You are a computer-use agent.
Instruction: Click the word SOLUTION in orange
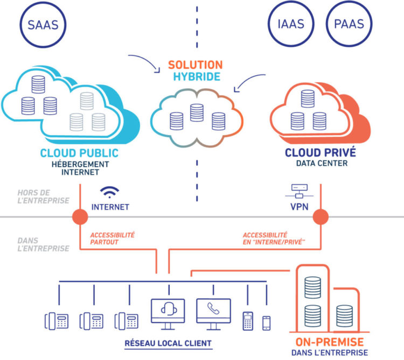(x=196, y=65)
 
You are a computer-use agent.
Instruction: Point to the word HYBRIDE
(x=197, y=77)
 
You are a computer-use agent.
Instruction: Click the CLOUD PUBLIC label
(x=79, y=153)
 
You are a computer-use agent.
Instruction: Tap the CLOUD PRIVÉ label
(x=321, y=152)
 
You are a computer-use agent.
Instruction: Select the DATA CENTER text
(x=322, y=163)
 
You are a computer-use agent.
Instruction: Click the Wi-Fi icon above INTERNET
(x=109, y=192)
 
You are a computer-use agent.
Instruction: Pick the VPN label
(x=299, y=207)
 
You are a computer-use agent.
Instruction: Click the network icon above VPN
(x=299, y=191)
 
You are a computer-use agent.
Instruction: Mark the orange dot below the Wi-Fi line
(x=80, y=217)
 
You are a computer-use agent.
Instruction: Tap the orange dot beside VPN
(x=321, y=217)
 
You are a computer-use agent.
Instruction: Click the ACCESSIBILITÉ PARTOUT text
(x=113, y=238)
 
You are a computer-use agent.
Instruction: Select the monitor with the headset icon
(x=168, y=314)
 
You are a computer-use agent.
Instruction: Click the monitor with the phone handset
(x=213, y=314)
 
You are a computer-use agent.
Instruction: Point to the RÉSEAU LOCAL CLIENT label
(x=168, y=343)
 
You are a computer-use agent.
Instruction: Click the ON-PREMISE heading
(x=330, y=342)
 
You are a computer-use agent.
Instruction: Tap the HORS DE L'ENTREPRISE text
(x=43, y=196)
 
